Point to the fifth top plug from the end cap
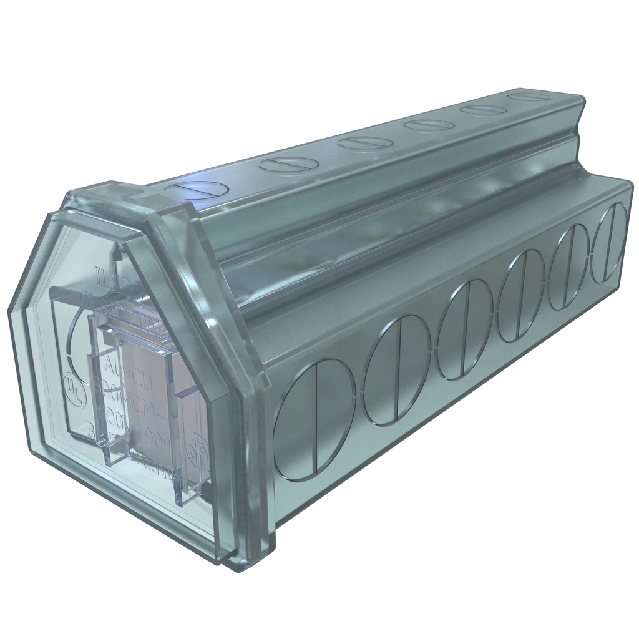(x=483, y=110)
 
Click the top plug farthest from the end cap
(x=528, y=97)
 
